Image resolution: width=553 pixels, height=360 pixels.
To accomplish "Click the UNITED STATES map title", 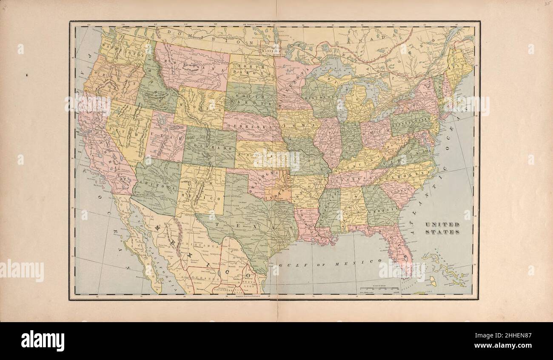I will click(442, 228).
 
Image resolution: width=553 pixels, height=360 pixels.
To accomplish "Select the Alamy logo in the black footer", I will click(43, 341).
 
